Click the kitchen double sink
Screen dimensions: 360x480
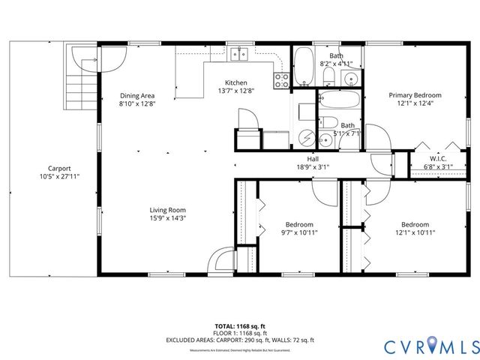pos(240,53)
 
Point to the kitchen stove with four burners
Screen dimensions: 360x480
pos(282,79)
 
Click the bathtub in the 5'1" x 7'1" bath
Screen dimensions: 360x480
pos(340,99)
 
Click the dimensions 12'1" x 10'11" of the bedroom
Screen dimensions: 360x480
pos(414,233)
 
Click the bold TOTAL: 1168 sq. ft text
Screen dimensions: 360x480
pos(240,326)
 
